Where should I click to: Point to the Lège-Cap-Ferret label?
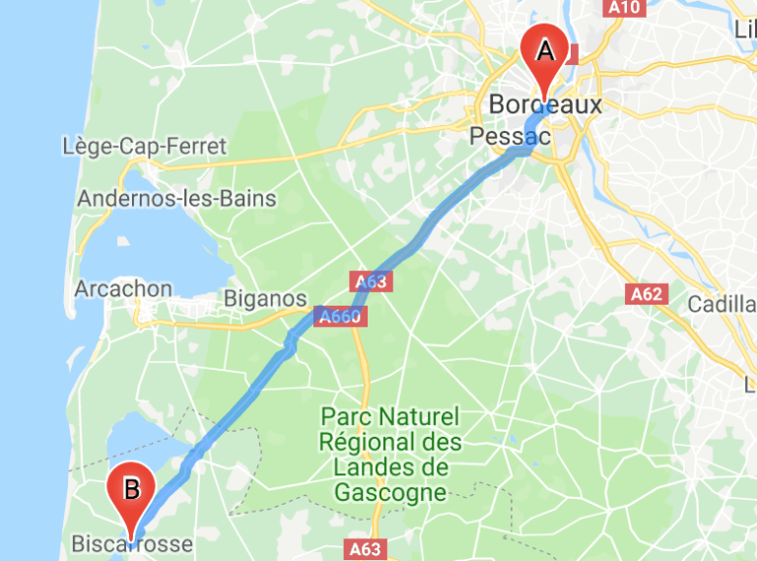144,147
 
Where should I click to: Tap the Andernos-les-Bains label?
175,198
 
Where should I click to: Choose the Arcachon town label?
123,289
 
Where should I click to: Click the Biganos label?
265,298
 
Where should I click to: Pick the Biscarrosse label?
132,543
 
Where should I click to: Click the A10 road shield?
625,8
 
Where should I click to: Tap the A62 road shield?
646,294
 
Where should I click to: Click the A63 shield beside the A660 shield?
372,282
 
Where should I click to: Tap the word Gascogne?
390,491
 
